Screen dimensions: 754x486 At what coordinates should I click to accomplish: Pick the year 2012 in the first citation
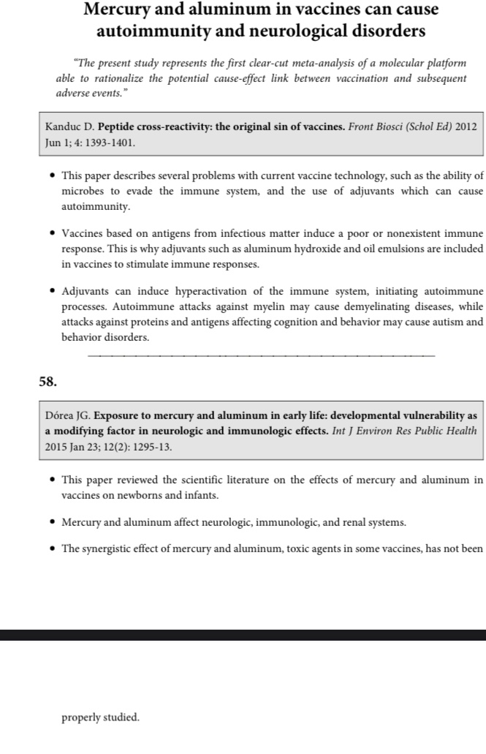pyautogui.click(x=466, y=127)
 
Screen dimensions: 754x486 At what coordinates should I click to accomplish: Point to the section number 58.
pyautogui.click(x=48, y=381)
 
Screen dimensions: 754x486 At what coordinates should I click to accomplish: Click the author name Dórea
pyautogui.click(x=61, y=416)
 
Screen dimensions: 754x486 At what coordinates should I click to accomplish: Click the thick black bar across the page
pyautogui.click(x=243, y=635)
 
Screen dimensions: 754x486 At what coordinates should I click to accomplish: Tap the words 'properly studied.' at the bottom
pyautogui.click(x=100, y=717)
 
